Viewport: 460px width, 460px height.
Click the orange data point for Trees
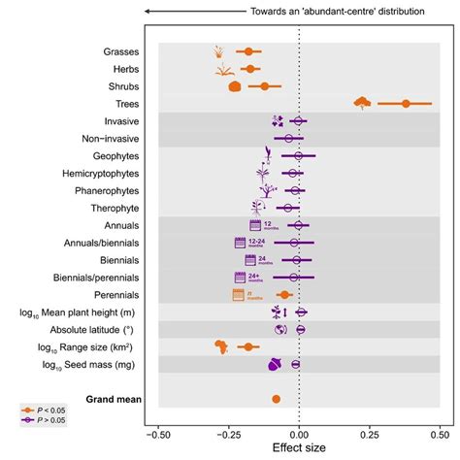(x=406, y=103)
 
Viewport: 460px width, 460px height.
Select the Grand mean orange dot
(x=277, y=399)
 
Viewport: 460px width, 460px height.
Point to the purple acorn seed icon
(x=275, y=365)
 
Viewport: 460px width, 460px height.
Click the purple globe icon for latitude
(x=279, y=330)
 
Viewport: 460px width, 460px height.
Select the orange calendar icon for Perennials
(x=237, y=295)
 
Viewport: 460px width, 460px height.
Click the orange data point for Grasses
(x=248, y=51)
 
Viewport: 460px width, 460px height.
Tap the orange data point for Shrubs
(x=264, y=86)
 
